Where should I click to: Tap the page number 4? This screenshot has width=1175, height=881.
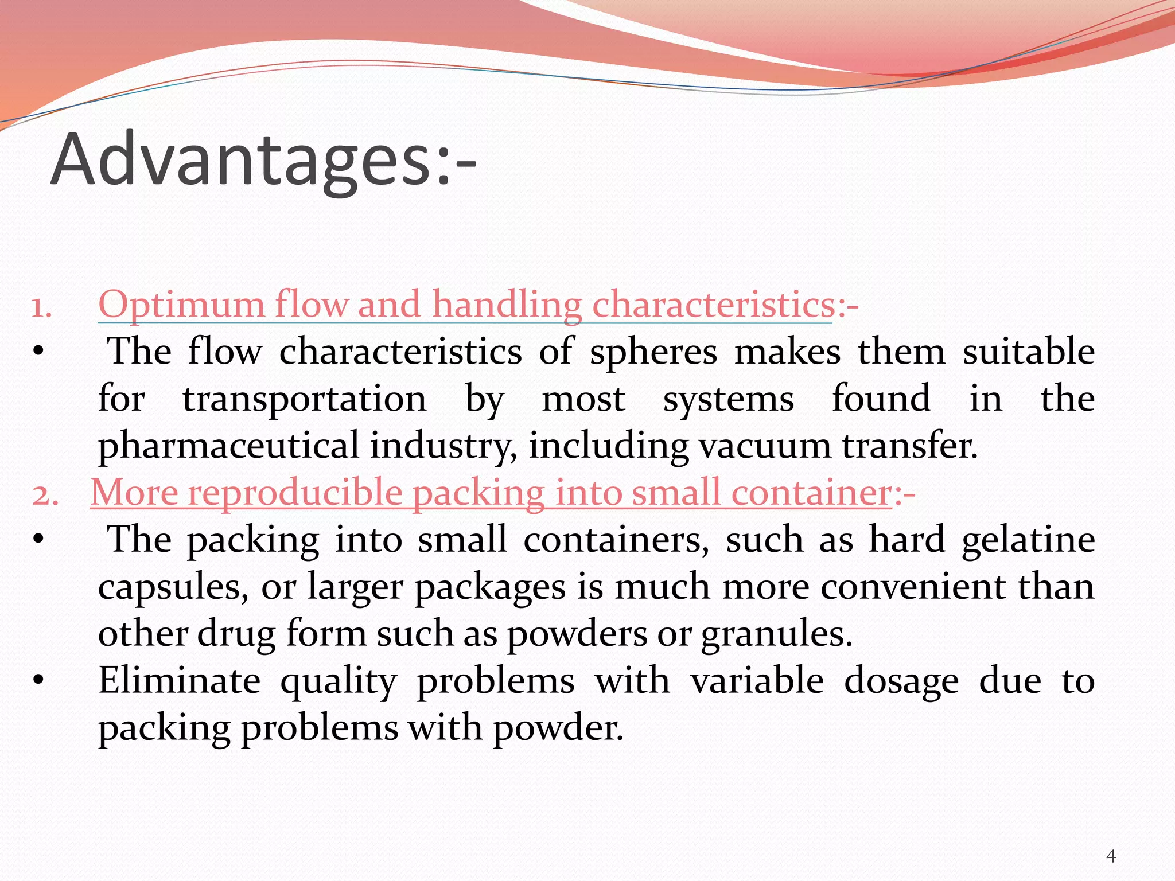click(1111, 856)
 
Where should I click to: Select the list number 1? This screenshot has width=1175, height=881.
click(41, 307)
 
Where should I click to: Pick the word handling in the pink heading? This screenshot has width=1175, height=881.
click(507, 304)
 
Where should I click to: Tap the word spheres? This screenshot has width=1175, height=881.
click(653, 352)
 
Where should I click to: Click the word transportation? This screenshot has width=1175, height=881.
click(305, 399)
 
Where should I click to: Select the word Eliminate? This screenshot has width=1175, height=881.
click(180, 681)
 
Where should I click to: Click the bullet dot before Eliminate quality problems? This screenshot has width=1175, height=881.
click(38, 681)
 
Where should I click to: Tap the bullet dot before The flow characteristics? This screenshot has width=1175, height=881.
click(38, 352)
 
